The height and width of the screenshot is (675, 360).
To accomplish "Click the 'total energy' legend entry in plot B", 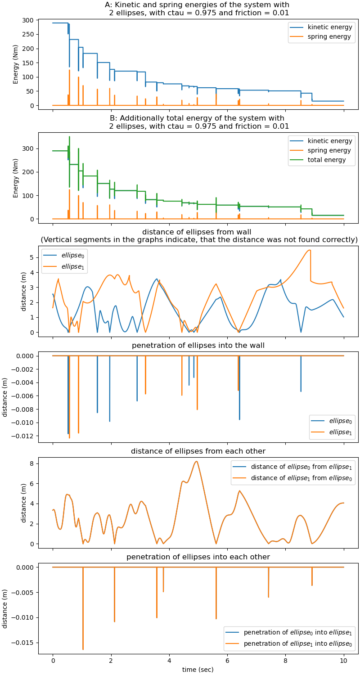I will [x=330, y=160].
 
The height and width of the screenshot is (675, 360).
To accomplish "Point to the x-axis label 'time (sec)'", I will [x=198, y=669].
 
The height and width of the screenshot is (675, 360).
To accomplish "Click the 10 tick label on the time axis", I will [x=344, y=661].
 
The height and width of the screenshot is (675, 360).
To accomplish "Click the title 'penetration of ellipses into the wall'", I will [x=198, y=346].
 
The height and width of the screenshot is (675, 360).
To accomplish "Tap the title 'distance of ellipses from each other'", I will [x=198, y=451].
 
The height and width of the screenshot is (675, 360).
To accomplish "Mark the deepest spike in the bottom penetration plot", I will [x=83, y=649].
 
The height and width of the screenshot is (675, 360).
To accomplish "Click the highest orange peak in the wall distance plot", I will [x=309, y=250].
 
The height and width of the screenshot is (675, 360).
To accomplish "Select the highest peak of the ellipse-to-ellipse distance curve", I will [x=196, y=461].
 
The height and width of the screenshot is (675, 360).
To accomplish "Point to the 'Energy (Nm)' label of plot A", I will [x=16, y=64].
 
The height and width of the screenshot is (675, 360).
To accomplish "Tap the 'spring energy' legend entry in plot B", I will [x=329, y=150].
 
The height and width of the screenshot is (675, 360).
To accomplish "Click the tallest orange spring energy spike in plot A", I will [x=69, y=70].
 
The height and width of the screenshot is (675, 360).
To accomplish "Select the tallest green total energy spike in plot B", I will [x=69, y=136].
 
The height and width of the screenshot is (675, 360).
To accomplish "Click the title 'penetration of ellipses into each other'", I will [x=198, y=557].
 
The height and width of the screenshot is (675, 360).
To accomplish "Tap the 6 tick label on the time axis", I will [x=228, y=661].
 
